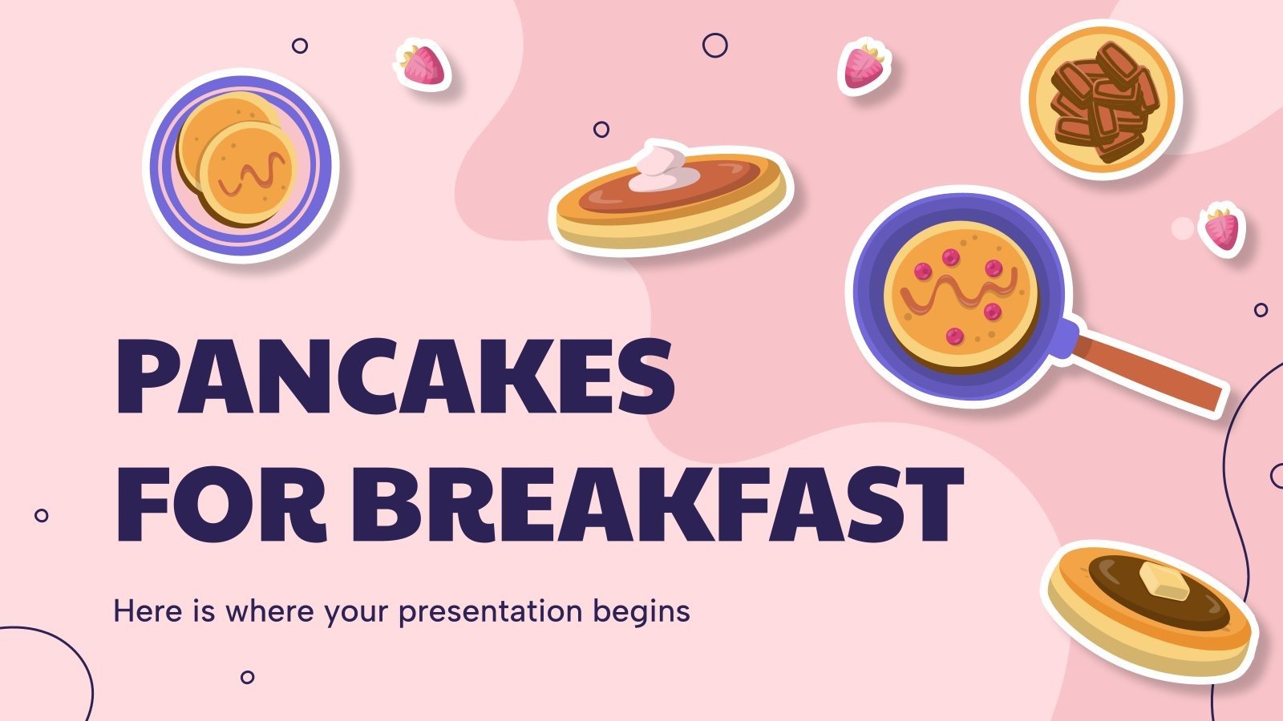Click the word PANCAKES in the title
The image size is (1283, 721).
coord(395,377)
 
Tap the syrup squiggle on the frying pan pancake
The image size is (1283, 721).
coord(959,292)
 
